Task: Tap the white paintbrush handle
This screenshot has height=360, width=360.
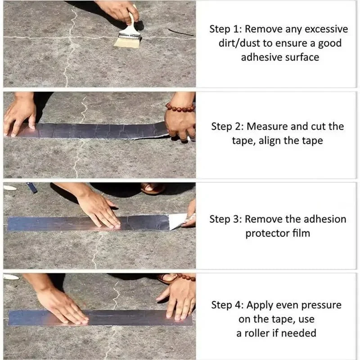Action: click(x=131, y=22)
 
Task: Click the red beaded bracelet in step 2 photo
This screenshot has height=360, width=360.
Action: click(x=180, y=108)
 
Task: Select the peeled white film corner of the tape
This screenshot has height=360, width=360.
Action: click(x=178, y=220)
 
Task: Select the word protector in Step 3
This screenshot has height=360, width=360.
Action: click(x=265, y=234)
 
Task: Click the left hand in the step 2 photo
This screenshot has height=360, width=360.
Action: click(x=20, y=115)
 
